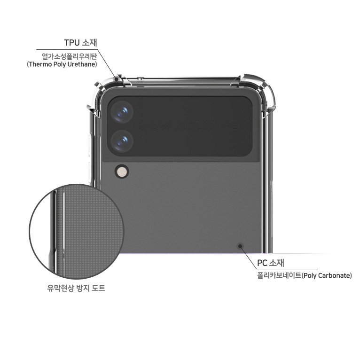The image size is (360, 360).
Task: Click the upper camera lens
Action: [x=122, y=112]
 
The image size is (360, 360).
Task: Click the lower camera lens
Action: [x=122, y=141]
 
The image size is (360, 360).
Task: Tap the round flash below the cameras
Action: [x=122, y=171]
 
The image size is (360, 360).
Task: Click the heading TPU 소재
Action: [x=80, y=43]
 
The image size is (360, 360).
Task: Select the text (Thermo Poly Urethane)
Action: [x=62, y=64]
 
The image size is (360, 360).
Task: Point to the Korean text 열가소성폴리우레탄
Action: [x=70, y=56]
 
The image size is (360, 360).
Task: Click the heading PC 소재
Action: [x=271, y=263]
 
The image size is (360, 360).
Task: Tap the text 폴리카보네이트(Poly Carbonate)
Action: [x=305, y=275]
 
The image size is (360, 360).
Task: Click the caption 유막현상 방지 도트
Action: [x=76, y=288]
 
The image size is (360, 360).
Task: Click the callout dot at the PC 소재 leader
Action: [x=240, y=246]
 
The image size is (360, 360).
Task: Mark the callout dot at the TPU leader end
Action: [x=117, y=79]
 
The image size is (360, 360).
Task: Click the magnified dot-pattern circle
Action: [x=77, y=231]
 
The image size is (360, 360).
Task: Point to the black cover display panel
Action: [x=180, y=126]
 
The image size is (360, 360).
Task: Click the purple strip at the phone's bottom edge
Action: [x=190, y=253]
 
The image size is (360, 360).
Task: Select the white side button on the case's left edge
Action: [x=90, y=146]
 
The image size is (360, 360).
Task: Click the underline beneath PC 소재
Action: [x=287, y=269]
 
